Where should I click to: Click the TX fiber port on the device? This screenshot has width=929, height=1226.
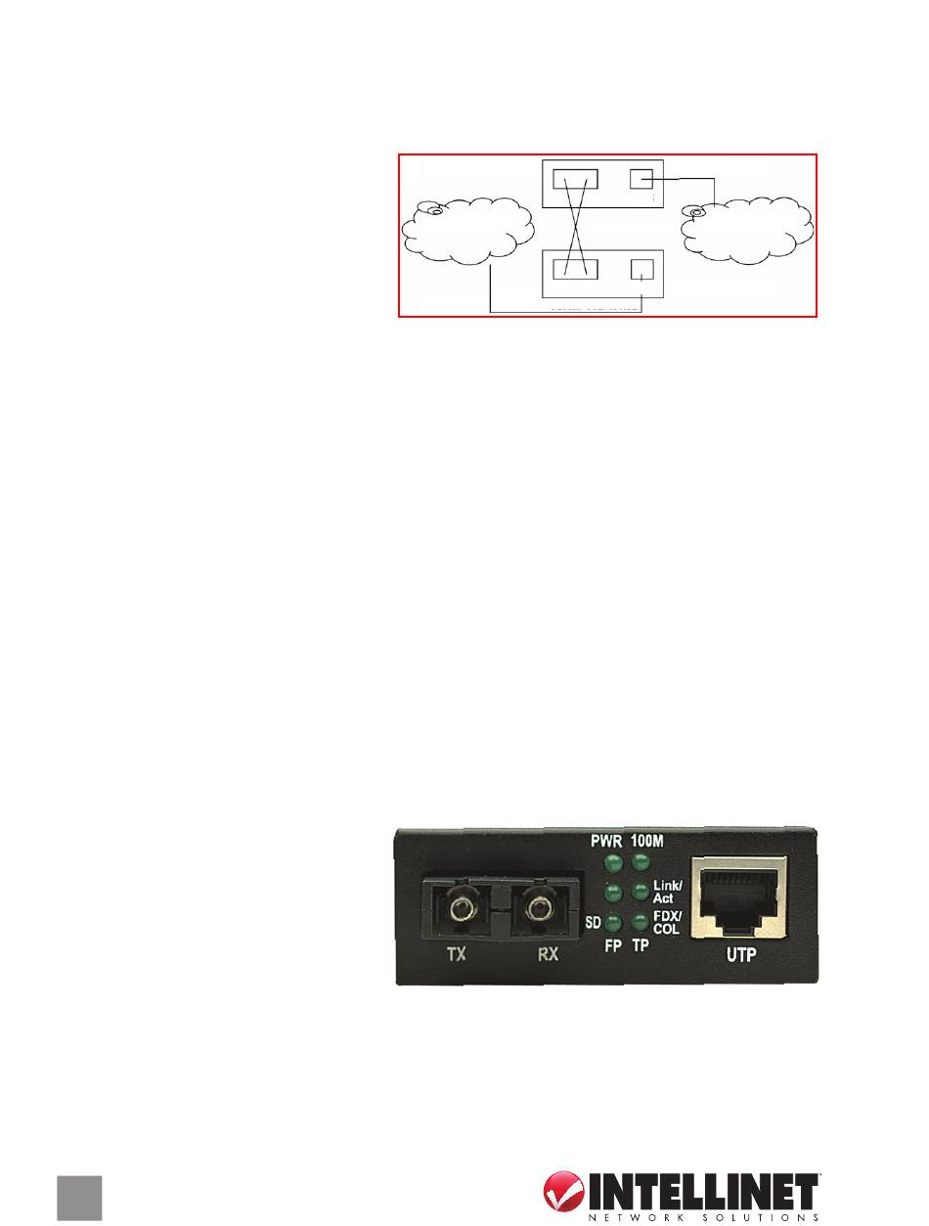click(457, 910)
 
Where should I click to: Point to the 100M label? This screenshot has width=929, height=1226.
click(646, 840)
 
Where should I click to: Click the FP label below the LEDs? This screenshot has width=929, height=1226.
click(613, 949)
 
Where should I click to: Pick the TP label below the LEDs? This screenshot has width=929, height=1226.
click(641, 949)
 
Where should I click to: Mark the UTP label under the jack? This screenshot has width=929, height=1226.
click(740, 955)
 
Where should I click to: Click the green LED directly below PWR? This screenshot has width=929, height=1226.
click(613, 863)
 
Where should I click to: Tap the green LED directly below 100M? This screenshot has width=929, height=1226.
click(641, 863)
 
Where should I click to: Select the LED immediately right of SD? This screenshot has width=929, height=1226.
click(613, 923)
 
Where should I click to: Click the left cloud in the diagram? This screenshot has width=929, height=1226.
click(468, 230)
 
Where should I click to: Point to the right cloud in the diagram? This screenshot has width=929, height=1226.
click(749, 230)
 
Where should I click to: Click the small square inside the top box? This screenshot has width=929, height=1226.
click(641, 180)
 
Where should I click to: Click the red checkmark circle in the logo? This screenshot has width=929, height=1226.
click(565, 1195)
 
